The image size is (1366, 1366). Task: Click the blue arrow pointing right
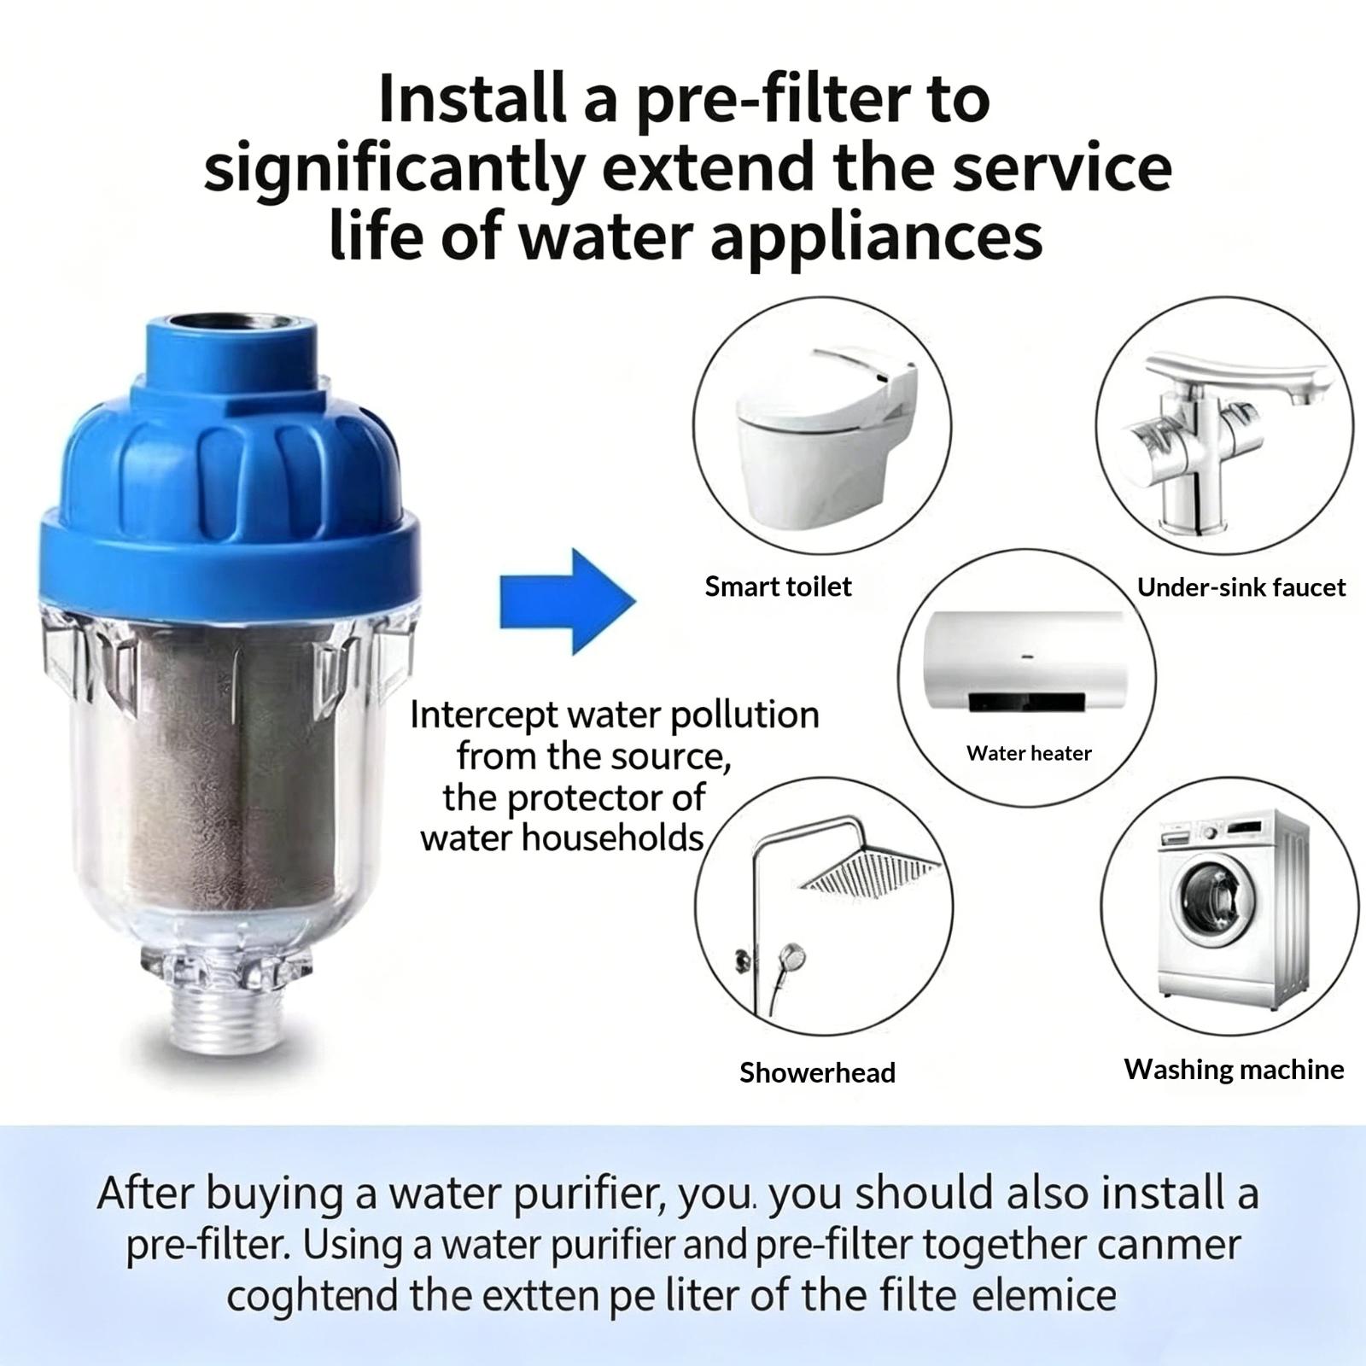coord(567,602)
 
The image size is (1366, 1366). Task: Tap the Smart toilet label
coord(778,587)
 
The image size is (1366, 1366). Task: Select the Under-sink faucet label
coord(1240,587)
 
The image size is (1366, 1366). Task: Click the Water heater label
coord(1029,753)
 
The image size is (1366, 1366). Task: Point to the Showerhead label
coord(817,1072)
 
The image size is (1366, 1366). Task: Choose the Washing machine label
coord(1234,1069)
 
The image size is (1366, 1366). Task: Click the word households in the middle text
coord(611,838)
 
